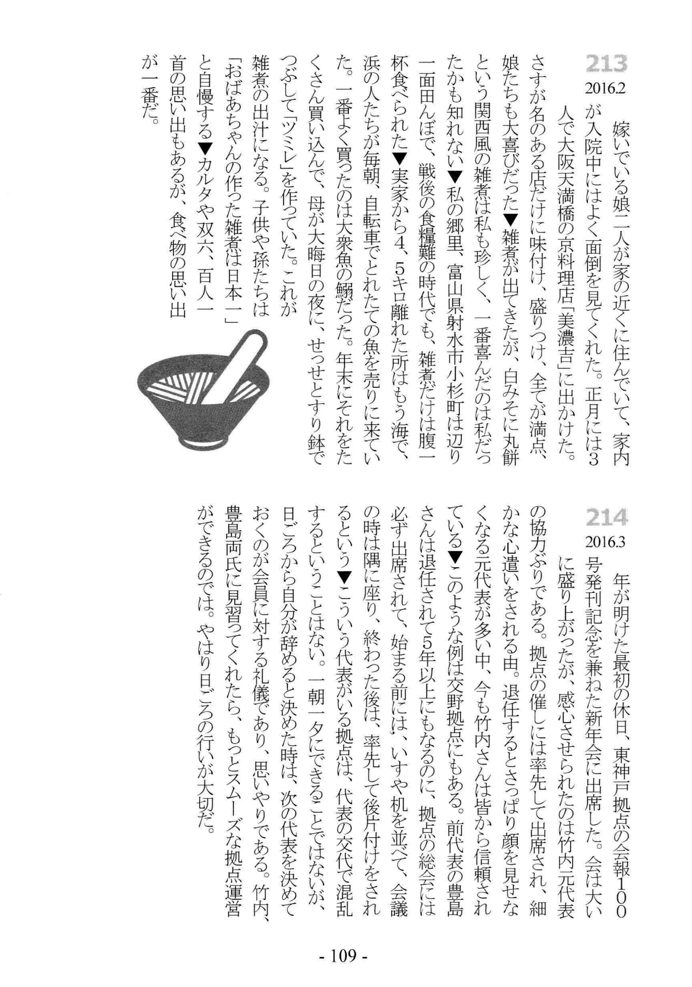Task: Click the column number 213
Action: [605, 64]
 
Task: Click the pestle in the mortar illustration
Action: [230, 370]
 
